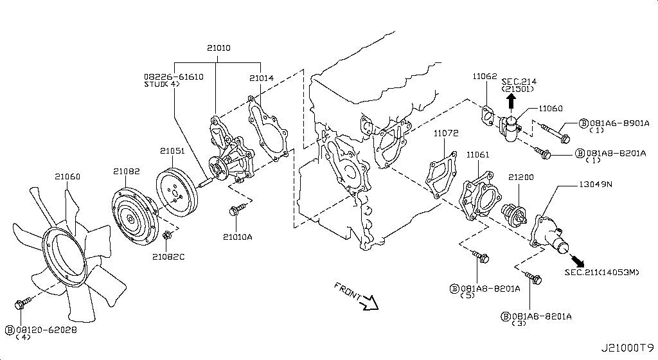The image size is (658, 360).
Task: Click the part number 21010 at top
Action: point(218,48)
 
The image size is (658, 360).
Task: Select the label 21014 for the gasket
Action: point(262,78)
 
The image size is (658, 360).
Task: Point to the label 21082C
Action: point(168,257)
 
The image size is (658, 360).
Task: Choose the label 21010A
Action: point(237,237)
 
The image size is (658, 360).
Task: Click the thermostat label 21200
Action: point(521,175)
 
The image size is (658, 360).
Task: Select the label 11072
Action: point(445,134)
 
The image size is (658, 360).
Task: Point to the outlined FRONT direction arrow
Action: point(369,301)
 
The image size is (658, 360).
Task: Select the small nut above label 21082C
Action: point(166,237)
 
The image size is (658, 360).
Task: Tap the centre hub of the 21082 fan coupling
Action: point(130,219)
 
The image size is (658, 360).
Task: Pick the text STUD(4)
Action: point(164,84)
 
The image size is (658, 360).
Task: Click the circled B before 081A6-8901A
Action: point(583,123)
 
